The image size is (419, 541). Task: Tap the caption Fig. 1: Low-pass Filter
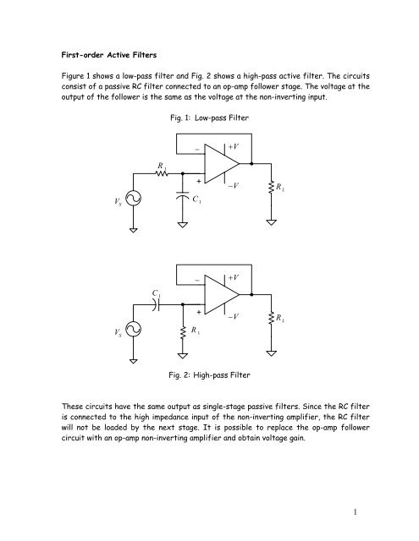click(209, 114)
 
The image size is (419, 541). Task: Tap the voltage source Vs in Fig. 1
click(135, 199)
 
